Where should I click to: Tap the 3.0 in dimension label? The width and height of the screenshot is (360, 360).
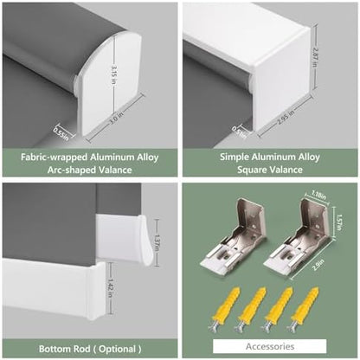coord(116,119)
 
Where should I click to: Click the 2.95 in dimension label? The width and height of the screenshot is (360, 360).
coord(286,117)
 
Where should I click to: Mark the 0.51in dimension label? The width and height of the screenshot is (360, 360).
coord(240,132)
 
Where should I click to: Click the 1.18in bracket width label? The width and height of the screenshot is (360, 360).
coord(318,196)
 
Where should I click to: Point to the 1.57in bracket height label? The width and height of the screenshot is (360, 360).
coord(340,222)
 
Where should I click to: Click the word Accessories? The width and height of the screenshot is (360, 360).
coord(270,346)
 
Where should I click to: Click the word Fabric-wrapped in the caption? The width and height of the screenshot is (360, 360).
coord(54,157)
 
